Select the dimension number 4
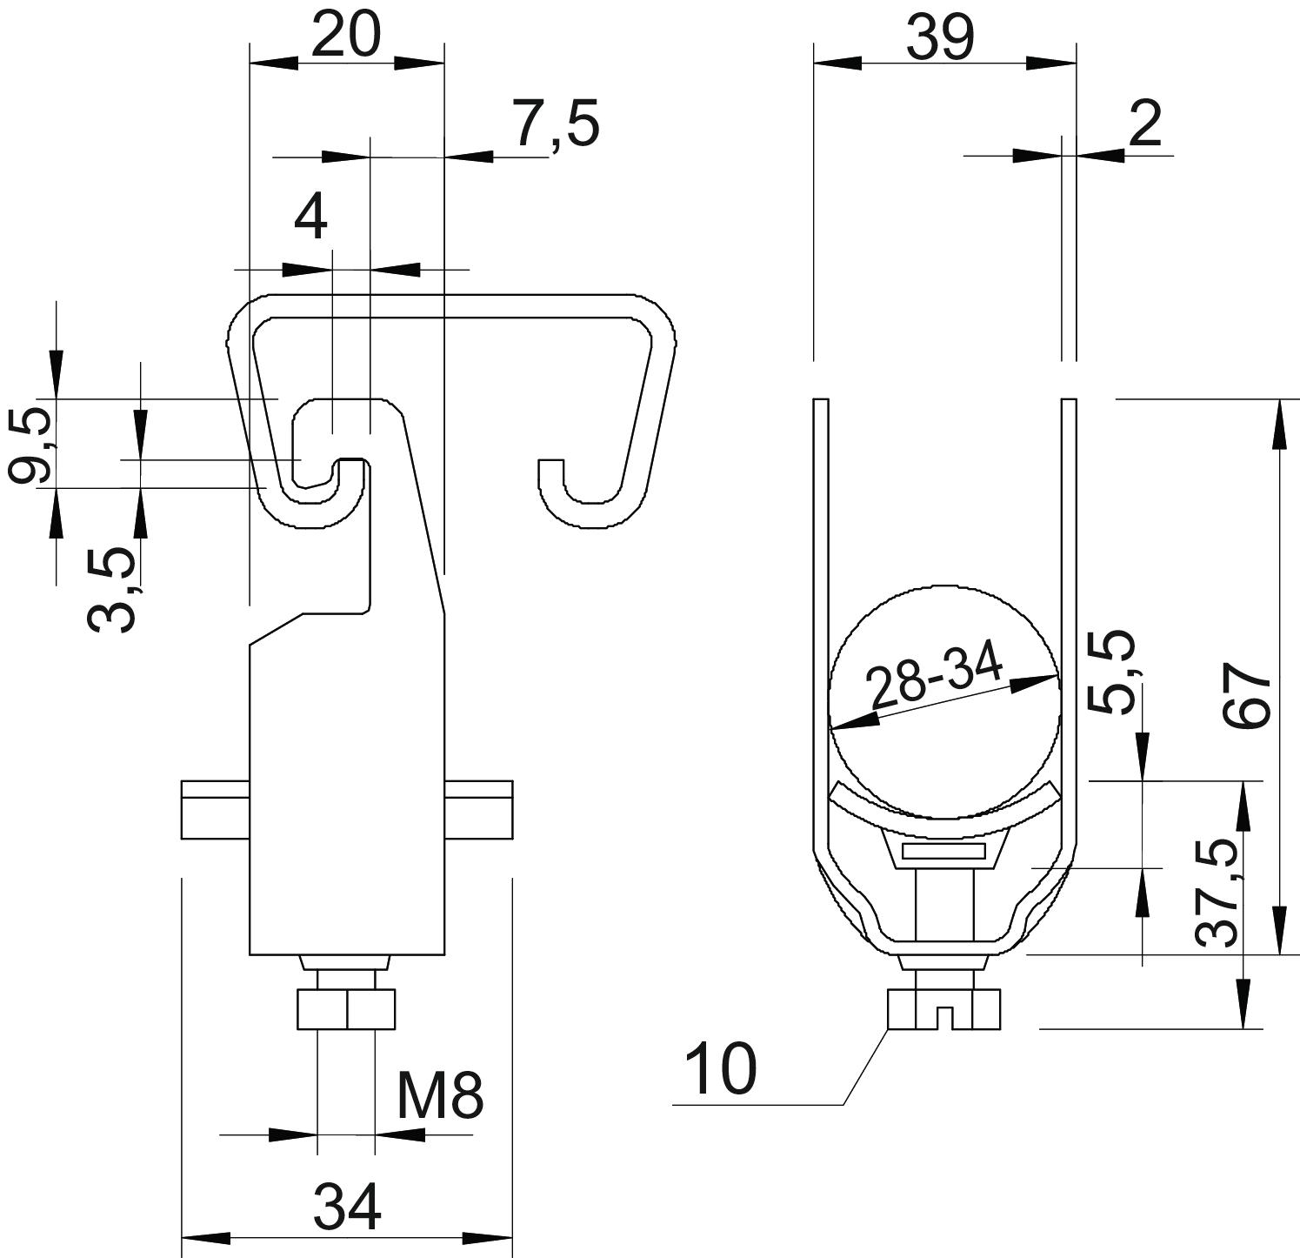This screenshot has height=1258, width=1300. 310,217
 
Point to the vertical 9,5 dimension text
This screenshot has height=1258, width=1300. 30,447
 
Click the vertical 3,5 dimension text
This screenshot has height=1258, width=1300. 112,588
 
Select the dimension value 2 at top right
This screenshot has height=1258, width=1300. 1145,124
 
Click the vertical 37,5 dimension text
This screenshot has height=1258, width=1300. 1217,893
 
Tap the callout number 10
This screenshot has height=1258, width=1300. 721,1069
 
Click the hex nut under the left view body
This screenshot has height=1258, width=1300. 346,1009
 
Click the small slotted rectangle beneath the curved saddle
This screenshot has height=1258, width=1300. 943,850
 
